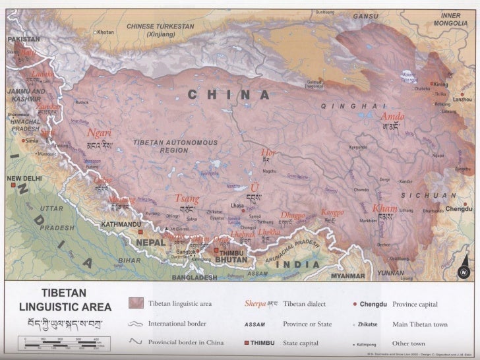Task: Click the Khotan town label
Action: (106, 32)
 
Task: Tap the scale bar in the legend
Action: (65, 342)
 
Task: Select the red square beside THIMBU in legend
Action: (248, 343)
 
